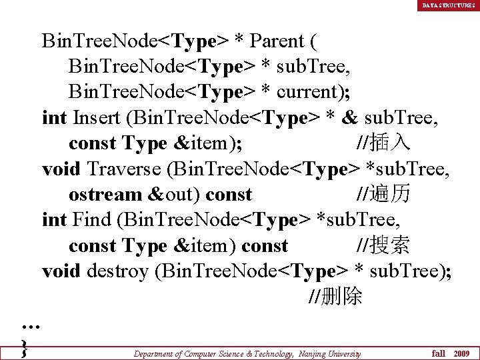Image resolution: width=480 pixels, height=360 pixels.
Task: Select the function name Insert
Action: [x=96, y=118]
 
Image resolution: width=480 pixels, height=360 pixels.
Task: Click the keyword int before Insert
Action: [x=54, y=118]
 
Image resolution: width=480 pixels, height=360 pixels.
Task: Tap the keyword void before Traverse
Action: [x=60, y=169]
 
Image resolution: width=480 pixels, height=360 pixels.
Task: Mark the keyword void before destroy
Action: [x=60, y=271]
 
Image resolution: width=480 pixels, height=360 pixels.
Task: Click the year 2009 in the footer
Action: [x=461, y=353]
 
